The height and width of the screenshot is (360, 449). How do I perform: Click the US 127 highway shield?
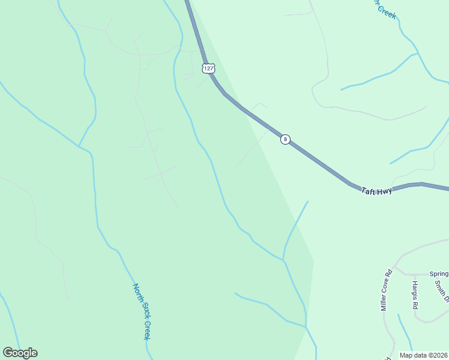click(x=208, y=68)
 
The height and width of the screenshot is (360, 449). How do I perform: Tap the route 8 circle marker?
click(x=285, y=139)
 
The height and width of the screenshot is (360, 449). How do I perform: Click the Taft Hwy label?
click(x=376, y=191)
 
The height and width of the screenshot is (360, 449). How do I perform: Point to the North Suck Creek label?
click(x=141, y=311)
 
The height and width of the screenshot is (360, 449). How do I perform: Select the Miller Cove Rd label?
click(x=385, y=290)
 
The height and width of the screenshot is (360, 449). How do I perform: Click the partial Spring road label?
click(x=439, y=274)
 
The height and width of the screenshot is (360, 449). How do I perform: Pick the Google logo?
click(x=20, y=353)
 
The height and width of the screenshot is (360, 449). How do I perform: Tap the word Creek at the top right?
click(x=387, y=11)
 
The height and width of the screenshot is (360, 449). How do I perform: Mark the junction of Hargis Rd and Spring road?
click(x=414, y=275)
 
